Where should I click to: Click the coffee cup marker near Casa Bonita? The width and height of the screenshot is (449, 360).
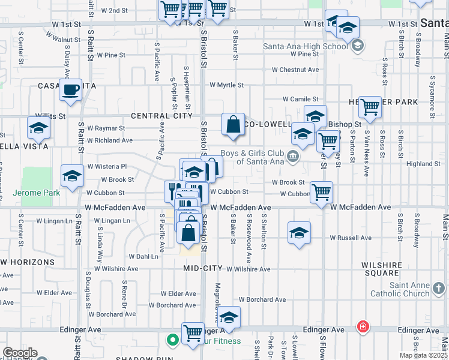pos(70,90)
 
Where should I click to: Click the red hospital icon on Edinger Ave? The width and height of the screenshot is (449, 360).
pos(363,327)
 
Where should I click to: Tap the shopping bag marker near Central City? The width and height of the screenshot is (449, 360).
pos(233,125)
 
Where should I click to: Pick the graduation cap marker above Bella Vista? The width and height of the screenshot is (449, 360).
pos(38,128)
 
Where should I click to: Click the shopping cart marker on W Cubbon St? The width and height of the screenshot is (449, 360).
pos(322,193)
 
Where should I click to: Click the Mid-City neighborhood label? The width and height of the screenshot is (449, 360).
pos(203,268)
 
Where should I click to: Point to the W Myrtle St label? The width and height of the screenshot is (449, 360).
pos(226,85)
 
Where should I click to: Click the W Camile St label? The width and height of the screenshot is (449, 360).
pos(300,99)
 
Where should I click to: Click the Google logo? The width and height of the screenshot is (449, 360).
pos(20,353)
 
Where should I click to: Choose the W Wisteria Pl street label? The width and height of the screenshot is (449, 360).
pos(107,166)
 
